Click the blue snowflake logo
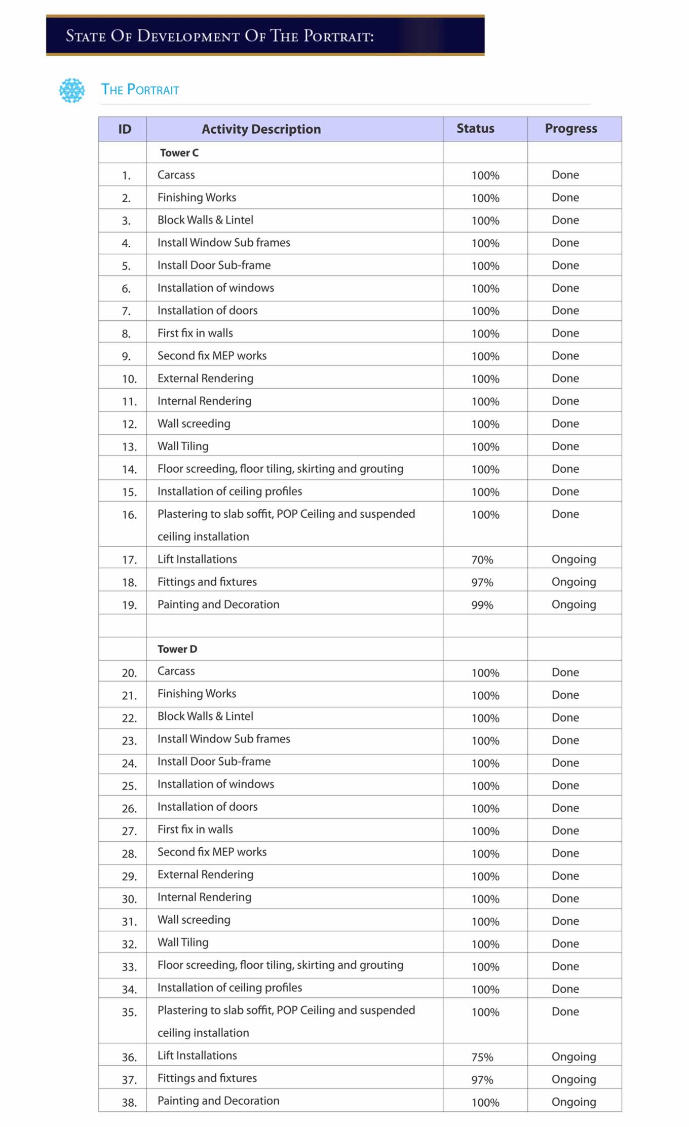(x=72, y=91)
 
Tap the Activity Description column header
(x=261, y=129)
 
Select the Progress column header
(x=571, y=129)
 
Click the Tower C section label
(x=179, y=153)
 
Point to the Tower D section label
(x=177, y=649)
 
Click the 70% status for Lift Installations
(x=482, y=560)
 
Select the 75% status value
(x=482, y=1058)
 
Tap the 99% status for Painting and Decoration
(x=482, y=605)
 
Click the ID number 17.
(x=129, y=560)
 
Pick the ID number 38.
(x=129, y=1103)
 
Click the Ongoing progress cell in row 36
(x=573, y=1057)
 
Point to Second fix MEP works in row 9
(x=212, y=356)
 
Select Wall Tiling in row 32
(x=183, y=943)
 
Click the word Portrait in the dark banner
(x=338, y=36)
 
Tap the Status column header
(x=475, y=129)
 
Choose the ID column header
(x=125, y=129)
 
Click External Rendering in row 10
(x=205, y=379)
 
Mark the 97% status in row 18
(x=482, y=583)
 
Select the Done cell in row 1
(x=565, y=175)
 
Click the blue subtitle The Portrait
(x=140, y=90)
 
